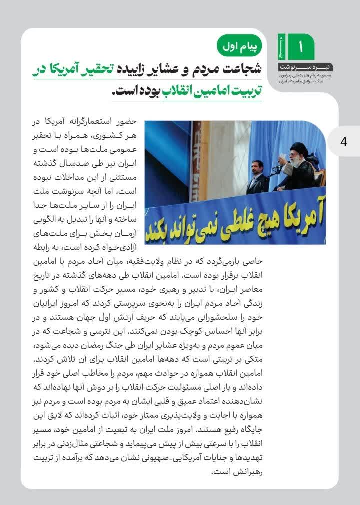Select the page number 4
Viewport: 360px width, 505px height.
343,141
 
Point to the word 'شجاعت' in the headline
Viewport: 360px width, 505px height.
241,71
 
